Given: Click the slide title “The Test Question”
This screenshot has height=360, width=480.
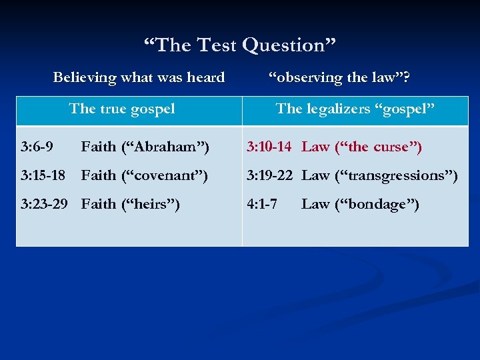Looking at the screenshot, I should (240, 45).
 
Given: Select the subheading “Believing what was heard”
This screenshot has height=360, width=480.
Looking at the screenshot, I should (139, 78).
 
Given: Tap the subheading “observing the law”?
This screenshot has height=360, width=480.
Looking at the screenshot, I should (339, 78).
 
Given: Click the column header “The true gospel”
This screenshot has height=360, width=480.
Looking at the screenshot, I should (122, 109).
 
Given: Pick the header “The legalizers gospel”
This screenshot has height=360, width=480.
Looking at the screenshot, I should (355, 109).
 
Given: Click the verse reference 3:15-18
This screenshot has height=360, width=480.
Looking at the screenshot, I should (43, 175).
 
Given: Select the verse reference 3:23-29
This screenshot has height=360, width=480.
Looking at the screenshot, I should (44, 204).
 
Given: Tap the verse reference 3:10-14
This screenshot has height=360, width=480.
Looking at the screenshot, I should (269, 146).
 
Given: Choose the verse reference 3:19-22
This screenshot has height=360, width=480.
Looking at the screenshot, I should (269, 175).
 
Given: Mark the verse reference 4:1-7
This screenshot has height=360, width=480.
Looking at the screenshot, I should (262, 204).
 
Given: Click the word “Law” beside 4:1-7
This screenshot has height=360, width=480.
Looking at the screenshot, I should (315, 204).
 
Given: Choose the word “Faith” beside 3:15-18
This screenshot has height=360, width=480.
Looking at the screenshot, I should (98, 175).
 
